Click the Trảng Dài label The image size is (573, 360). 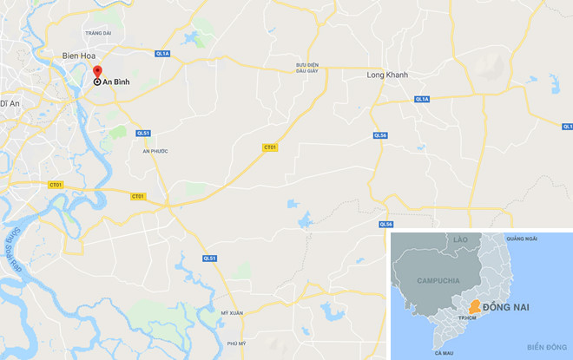pyautogui.click(x=99, y=33)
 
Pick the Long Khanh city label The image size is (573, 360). pyautogui.click(x=379, y=75)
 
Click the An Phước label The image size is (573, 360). pyautogui.click(x=153, y=151)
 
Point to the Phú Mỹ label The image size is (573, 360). pyautogui.click(x=226, y=344)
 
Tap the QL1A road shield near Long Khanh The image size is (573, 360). pyautogui.click(x=423, y=100)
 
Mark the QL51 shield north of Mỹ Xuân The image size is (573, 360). pyautogui.click(x=209, y=258)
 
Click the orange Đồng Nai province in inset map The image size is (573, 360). pyautogui.click(x=474, y=305)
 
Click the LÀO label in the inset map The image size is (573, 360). pyautogui.click(x=460, y=238)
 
